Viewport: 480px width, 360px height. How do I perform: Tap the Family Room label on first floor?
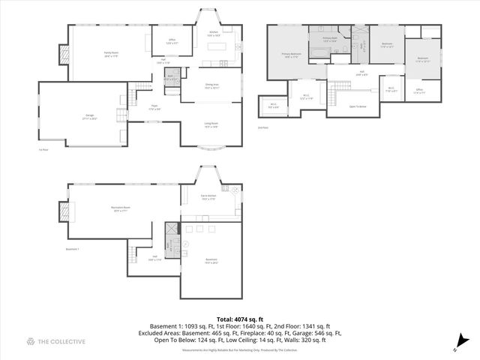pos(112,53)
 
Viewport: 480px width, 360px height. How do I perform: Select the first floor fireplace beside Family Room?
pos(64,54)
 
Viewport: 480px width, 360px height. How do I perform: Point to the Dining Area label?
pos(212,86)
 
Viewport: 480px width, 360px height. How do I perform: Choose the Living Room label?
pos(211,125)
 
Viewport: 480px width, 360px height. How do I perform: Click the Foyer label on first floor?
pos(153,107)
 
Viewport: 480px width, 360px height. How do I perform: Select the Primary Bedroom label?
pos(291,55)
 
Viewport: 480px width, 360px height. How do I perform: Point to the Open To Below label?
pos(358,106)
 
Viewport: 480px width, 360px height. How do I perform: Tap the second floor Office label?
pos(419,92)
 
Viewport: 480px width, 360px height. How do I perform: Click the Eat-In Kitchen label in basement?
pos(208,198)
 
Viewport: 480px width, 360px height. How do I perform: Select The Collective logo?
pos(56,342)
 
